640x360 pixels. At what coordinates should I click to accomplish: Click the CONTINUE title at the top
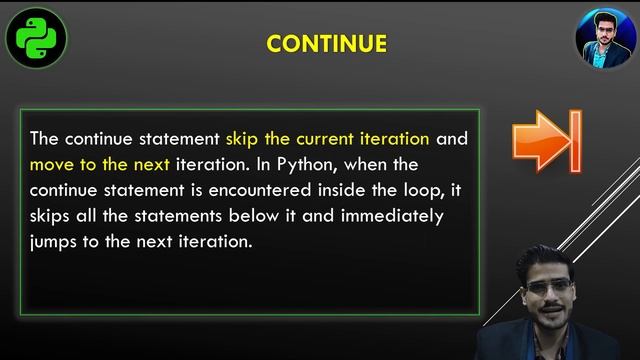326,44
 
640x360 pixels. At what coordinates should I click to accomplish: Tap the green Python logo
36,39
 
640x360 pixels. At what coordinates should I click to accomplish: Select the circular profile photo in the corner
604,39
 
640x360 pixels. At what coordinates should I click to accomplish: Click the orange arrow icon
546,142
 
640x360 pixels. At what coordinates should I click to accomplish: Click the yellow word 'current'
326,138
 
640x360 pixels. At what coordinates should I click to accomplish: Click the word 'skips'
50,216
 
